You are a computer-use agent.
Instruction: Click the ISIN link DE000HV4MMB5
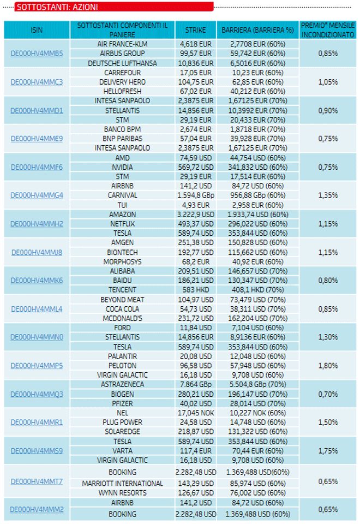point(37,53)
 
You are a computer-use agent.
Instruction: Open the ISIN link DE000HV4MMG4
point(37,195)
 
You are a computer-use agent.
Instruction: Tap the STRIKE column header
point(196,30)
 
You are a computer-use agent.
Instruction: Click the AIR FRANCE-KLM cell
point(122,44)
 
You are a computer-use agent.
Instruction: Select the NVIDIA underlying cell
point(122,167)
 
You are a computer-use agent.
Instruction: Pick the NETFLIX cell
point(122,224)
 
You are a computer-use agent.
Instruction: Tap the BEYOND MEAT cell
point(122,300)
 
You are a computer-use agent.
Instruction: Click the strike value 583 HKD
point(196,290)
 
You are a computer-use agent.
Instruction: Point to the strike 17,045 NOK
point(196,413)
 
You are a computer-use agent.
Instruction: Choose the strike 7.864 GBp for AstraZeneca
point(196,385)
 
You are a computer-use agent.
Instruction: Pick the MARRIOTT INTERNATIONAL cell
point(122,484)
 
